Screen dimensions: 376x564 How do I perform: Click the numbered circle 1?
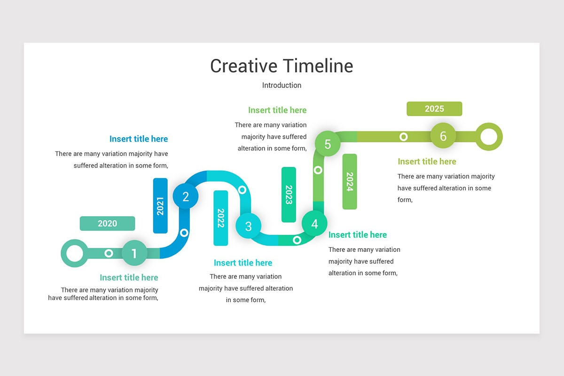click(x=134, y=253)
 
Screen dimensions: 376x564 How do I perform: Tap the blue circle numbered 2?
click(x=186, y=197)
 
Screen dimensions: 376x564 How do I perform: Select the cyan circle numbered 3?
click(x=249, y=226)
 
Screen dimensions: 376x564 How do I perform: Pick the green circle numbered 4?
click(x=314, y=224)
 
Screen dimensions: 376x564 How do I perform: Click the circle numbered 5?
click(x=328, y=144)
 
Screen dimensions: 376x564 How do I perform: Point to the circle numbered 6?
click(x=443, y=136)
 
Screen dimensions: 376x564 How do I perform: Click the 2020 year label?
click(x=107, y=223)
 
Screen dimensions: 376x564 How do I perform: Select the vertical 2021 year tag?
click(x=160, y=205)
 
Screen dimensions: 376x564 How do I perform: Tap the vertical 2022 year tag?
click(x=220, y=218)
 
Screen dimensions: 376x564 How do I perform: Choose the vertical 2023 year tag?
click(x=289, y=195)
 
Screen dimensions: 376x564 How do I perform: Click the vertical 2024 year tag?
click(x=350, y=181)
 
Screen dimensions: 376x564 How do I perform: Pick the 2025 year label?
click(x=434, y=109)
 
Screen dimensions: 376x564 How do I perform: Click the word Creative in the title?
click(x=244, y=66)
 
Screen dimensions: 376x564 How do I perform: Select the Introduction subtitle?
click(x=282, y=85)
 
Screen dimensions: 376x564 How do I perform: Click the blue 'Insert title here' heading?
click(x=139, y=139)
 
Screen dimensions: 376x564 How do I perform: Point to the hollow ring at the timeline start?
click(x=74, y=253)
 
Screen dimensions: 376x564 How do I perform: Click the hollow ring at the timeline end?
click(x=489, y=137)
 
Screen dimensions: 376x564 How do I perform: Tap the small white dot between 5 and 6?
click(x=403, y=137)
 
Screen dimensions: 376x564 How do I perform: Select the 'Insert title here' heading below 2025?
click(x=427, y=161)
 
